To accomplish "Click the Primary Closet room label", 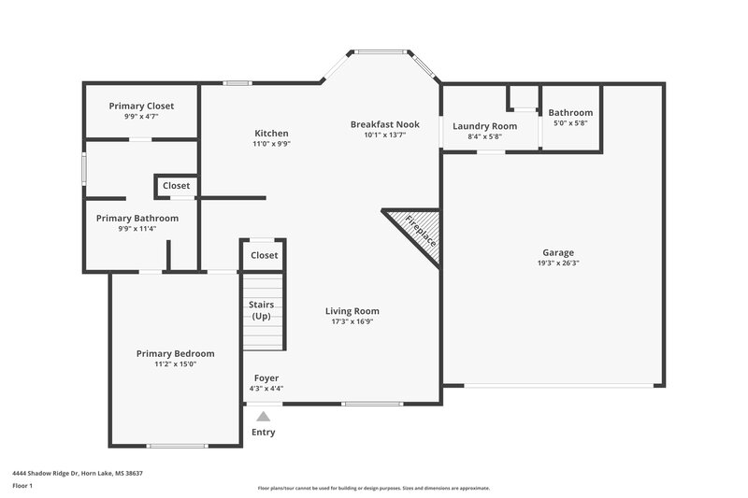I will pos(141,106).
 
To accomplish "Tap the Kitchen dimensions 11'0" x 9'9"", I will pos(271,144).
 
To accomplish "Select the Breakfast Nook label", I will pos(384,124).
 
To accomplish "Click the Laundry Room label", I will pos(484,126).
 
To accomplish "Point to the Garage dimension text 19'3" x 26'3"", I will pos(558,263).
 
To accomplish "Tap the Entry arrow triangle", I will pos(264,417).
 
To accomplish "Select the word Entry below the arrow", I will pos(264,433).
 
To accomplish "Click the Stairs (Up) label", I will pos(260,310).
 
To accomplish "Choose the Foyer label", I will pos(266,378).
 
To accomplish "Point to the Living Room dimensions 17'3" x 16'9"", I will pos(352,321).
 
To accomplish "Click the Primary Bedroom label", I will pos(175,353).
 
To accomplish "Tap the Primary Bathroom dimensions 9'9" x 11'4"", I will pos(137,228).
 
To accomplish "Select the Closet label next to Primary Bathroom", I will pos(176,186).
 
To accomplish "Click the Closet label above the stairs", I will pos(264,255).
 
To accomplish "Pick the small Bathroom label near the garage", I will pos(570,113).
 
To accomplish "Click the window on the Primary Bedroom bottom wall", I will pos(177,445).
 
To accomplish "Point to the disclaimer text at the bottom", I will pos(374,488).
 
